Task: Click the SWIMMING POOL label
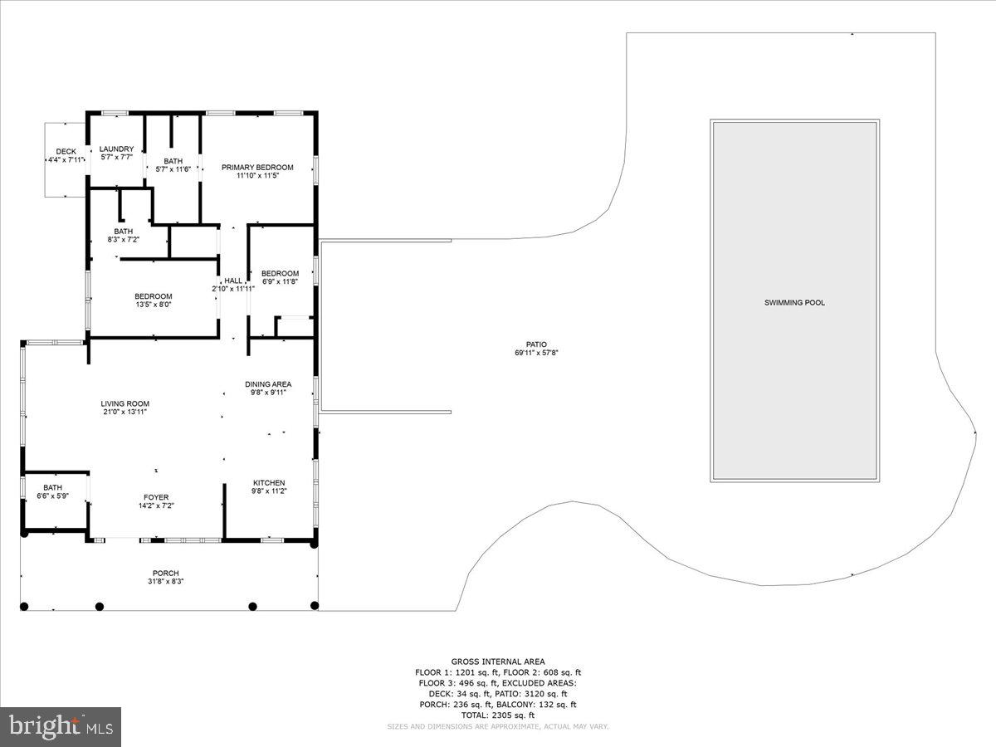(794, 303)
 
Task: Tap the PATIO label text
(536, 344)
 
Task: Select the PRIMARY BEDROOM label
(257, 167)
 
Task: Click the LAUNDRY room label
(116, 149)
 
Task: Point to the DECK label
(66, 151)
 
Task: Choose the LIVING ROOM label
(125, 403)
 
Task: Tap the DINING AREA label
(268, 384)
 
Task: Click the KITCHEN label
(269, 483)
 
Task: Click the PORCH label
(165, 573)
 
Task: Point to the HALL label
(233, 281)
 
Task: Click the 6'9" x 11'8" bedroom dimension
(280, 282)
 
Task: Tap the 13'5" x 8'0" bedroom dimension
(154, 305)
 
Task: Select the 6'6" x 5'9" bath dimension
(52, 496)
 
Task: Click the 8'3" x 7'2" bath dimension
(124, 239)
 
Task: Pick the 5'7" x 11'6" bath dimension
(173, 169)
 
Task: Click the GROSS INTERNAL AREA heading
(498, 662)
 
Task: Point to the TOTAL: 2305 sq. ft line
(498, 715)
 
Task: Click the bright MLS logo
(60, 727)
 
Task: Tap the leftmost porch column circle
(24, 606)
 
